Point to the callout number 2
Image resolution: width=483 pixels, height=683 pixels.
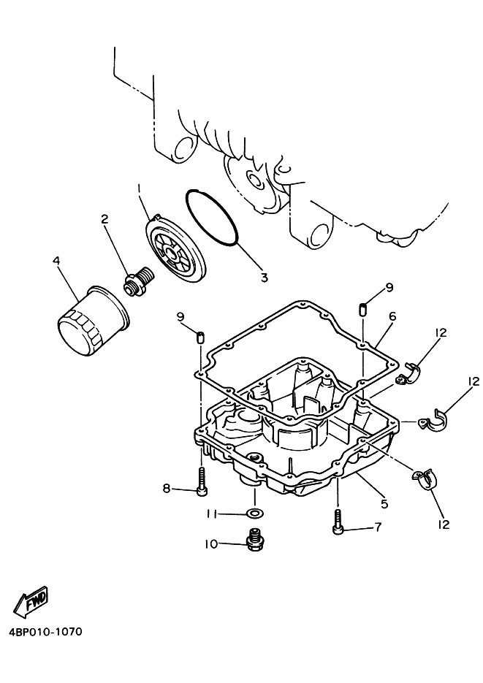(x=104, y=218)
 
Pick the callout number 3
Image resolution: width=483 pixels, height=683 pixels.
(x=264, y=277)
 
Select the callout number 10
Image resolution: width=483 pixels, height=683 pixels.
(x=211, y=543)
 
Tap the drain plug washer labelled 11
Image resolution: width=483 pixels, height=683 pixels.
(x=253, y=514)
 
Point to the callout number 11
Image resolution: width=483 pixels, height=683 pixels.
(x=210, y=514)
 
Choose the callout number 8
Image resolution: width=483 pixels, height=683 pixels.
(x=167, y=488)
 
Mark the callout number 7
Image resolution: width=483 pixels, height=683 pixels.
(x=378, y=527)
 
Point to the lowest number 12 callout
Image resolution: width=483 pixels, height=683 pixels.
(x=444, y=524)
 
